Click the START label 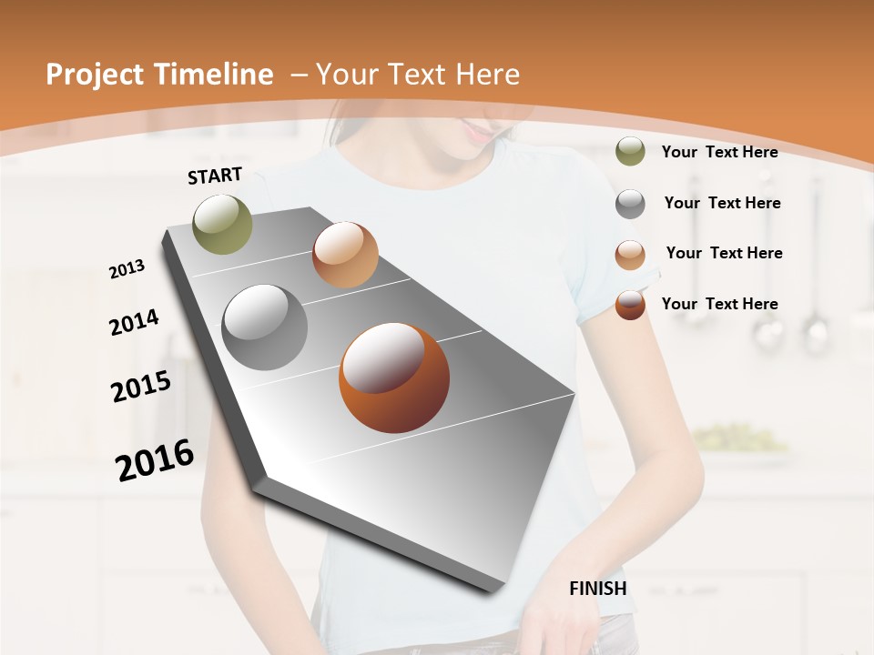(215, 176)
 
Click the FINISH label (597, 589)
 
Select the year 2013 (127, 268)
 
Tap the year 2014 (134, 322)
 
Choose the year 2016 (155, 459)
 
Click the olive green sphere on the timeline (223, 224)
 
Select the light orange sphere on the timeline (345, 255)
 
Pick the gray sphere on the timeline (265, 327)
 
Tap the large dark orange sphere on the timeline (394, 378)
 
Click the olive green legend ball (630, 152)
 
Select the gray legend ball (630, 204)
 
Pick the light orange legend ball (630, 255)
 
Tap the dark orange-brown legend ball (630, 305)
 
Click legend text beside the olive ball (719, 152)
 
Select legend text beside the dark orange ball (719, 304)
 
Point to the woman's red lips (476, 133)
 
